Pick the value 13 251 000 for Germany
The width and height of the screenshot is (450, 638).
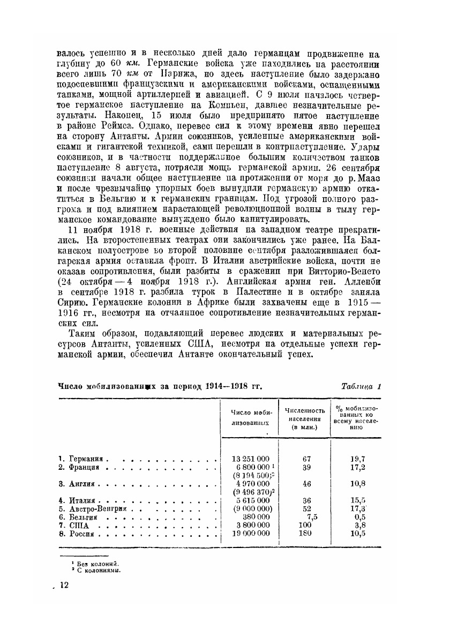[251, 459]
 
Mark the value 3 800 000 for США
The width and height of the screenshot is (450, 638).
[251, 526]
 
